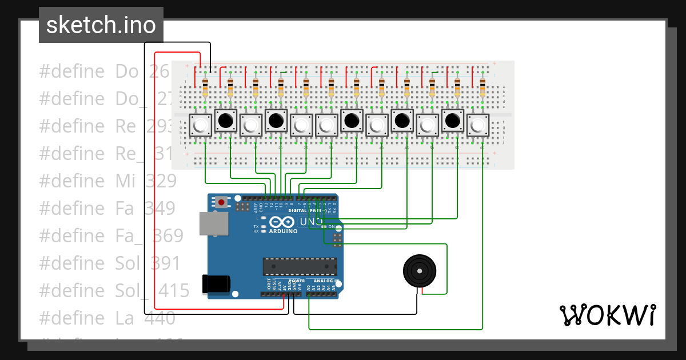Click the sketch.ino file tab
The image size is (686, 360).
coord(101,25)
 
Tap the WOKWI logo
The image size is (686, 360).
coord(607,315)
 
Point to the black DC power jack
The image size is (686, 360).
coord(216,284)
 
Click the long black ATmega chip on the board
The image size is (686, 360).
coord(300,266)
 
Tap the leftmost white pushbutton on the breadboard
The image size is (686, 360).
coord(200,125)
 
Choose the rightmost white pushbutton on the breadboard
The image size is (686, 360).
coord(478,125)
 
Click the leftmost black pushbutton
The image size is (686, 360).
coord(226,121)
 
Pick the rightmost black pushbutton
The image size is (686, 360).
coord(453,121)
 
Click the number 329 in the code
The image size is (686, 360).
coord(161,181)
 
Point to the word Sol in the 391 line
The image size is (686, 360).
coord(127,263)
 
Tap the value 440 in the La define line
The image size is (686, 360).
coord(159,318)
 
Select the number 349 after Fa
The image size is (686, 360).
coord(159,209)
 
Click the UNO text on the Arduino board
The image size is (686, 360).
coord(312,222)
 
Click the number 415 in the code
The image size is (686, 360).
coord(174,291)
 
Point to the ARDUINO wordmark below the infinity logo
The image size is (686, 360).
coord(283,231)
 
